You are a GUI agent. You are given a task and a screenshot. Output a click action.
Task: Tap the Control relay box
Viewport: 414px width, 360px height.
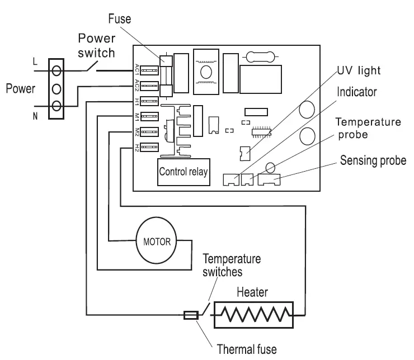(184, 172)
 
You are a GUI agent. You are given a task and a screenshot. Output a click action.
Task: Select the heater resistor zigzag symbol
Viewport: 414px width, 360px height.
(254, 315)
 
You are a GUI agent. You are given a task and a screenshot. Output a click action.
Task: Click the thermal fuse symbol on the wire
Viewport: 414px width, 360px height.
(191, 315)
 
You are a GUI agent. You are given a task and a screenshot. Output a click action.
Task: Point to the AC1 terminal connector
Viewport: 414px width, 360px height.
(149, 70)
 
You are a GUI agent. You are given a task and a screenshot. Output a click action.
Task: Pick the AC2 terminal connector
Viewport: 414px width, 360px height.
(149, 86)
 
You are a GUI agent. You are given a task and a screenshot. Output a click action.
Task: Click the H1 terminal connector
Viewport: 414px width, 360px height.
(149, 101)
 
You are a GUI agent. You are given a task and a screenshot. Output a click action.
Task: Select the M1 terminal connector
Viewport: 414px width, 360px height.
(149, 116)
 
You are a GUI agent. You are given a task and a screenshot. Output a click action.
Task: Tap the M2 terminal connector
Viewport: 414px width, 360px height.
(149, 131)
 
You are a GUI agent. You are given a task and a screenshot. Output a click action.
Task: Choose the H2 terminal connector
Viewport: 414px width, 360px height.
(149, 147)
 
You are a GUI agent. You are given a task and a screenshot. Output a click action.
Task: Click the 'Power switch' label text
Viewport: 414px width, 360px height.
(97, 45)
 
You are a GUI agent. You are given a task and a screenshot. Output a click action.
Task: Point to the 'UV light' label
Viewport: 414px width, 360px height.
(359, 70)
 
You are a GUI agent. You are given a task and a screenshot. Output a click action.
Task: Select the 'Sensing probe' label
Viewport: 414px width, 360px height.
(373, 160)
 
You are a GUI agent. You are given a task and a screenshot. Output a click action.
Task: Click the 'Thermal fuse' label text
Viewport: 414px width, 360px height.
(247, 349)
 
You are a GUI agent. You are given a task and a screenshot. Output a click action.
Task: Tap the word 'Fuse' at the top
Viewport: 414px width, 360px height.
(120, 19)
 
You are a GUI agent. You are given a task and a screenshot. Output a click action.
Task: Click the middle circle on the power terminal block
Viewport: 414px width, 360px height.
(57, 89)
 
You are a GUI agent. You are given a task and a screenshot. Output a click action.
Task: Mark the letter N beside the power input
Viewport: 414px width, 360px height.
(35, 116)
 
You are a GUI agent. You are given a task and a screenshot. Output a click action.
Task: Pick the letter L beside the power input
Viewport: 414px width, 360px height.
(35, 61)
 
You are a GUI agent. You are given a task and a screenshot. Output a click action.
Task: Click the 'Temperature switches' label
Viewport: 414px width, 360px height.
(232, 265)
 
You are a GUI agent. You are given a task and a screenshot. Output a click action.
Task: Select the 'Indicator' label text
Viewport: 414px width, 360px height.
(357, 92)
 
